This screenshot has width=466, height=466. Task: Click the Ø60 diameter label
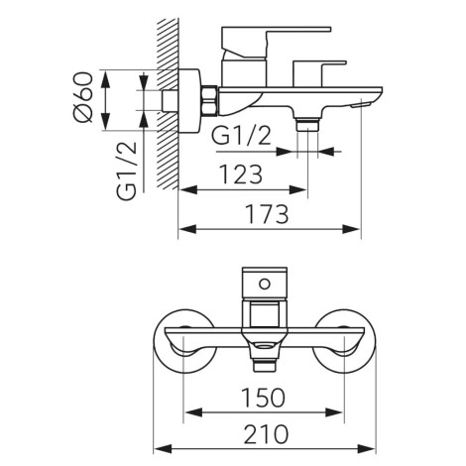(82, 97)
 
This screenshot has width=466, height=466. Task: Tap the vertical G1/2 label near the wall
(127, 171)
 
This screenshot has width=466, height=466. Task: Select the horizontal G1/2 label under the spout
(242, 136)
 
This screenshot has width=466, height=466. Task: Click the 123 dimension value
(241, 175)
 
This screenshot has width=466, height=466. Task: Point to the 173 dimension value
(268, 214)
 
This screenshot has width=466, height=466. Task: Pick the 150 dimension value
(264, 398)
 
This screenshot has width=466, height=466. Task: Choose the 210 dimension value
(266, 434)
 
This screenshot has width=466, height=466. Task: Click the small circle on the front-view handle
(265, 284)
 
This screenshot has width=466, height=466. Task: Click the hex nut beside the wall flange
(209, 101)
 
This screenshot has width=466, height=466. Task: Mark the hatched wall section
(168, 104)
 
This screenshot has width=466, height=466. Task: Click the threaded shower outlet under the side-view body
(307, 124)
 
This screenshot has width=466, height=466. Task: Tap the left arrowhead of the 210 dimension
(163, 449)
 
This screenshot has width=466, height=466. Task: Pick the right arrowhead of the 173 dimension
(351, 229)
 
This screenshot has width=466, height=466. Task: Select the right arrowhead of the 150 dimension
(334, 412)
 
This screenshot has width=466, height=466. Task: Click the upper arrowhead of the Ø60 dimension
(105, 79)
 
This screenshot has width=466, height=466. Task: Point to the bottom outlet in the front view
(265, 365)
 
